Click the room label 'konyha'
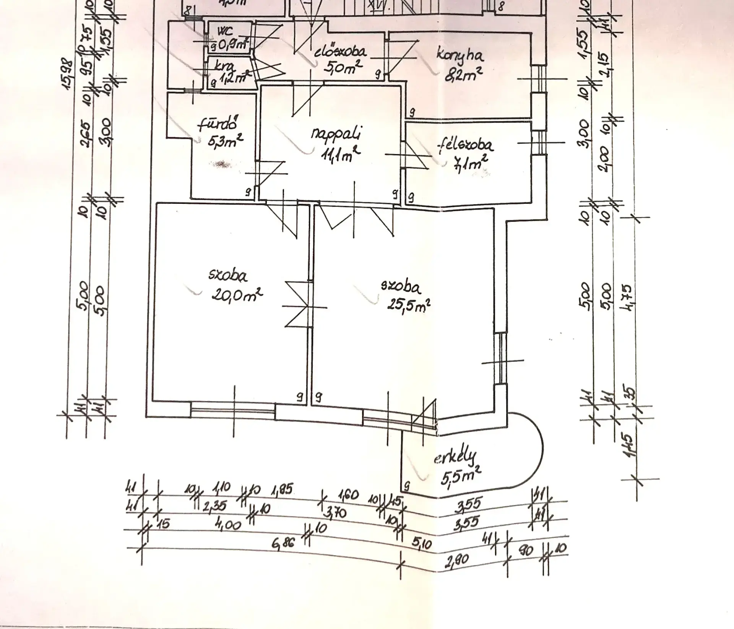tap(460, 55)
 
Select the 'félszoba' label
tap(466, 145)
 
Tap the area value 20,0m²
tap(237, 295)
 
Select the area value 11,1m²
tap(341, 154)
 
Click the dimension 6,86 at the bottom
tap(284, 542)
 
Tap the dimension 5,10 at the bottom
tap(422, 543)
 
